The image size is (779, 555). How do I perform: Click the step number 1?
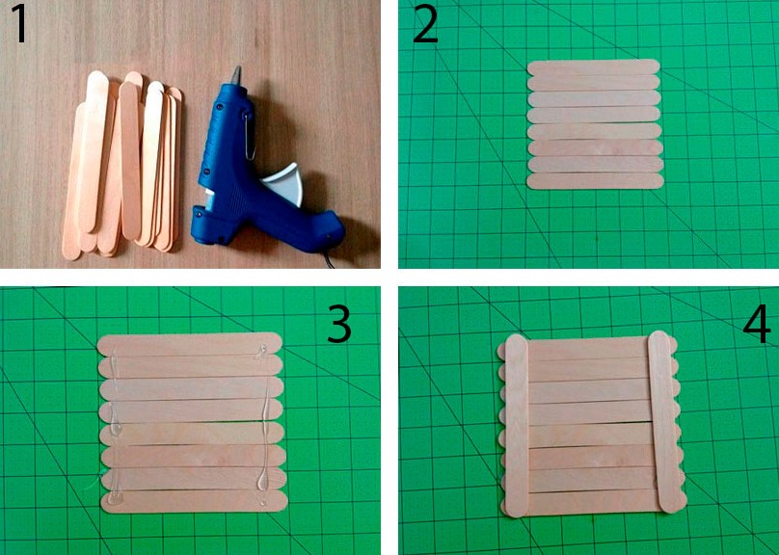pos(20,24)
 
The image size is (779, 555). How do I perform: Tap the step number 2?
pos(425,24)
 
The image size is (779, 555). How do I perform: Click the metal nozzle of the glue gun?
pos(235,75)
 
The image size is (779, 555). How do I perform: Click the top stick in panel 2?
pos(593,67)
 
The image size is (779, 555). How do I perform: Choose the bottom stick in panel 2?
pos(595,181)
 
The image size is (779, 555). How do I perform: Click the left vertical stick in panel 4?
pos(517,426)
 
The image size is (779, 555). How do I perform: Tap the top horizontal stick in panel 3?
pos(190,344)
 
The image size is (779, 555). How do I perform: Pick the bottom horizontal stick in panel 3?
pos(195,502)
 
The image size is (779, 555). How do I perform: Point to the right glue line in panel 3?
pos(262,426)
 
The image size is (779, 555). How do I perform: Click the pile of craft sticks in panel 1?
pos(121,165)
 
